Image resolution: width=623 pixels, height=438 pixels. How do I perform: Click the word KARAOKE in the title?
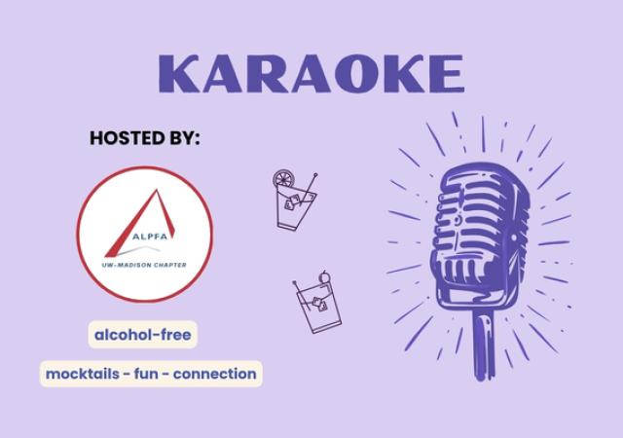click(x=311, y=73)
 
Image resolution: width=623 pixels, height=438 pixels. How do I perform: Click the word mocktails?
click(x=89, y=373)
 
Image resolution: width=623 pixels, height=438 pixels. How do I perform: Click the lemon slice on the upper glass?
click(x=282, y=180)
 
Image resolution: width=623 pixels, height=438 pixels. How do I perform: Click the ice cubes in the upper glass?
click(x=293, y=202)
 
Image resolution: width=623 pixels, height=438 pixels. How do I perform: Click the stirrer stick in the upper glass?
click(x=310, y=186)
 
